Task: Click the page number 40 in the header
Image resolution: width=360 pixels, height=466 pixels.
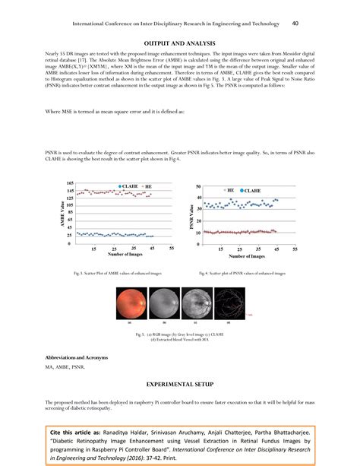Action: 295,24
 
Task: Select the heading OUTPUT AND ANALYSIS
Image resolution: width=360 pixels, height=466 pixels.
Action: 179,44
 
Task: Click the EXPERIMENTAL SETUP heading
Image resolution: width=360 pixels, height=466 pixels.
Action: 180,385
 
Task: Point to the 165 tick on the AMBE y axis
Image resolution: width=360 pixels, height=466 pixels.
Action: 70,183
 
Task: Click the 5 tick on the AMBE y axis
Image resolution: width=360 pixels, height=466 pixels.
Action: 72,244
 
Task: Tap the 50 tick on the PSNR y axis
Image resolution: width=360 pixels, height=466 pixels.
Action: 199,186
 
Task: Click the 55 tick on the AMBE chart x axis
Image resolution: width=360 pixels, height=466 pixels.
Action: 172,249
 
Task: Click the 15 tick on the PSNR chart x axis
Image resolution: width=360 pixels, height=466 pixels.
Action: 219,249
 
